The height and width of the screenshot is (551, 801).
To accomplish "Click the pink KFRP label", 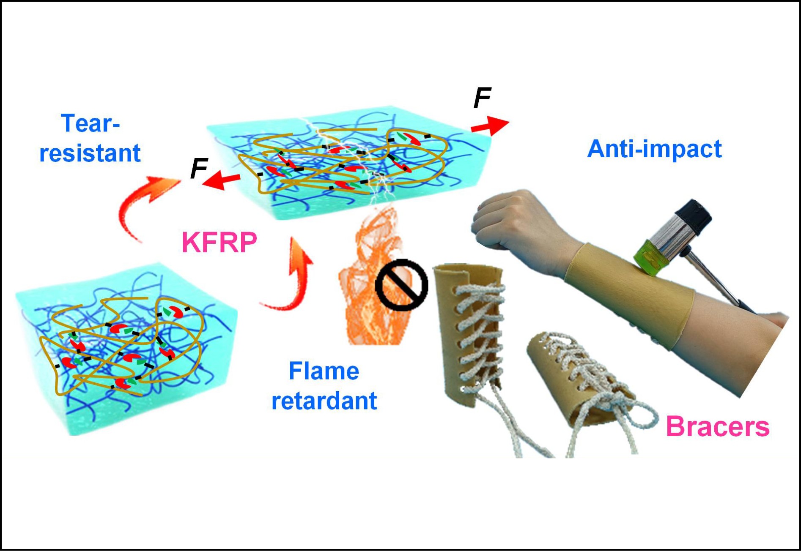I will tap(219, 242).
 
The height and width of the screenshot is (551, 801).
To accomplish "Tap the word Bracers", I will tap(717, 426).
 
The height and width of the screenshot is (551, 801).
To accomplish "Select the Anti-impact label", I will tap(654, 149).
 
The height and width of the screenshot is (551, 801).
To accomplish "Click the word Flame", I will tap(324, 371).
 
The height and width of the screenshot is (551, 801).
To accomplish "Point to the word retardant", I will tap(324, 401).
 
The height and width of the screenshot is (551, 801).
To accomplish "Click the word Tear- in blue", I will tap(91, 123).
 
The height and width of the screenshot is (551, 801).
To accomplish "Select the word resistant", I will tap(90, 153).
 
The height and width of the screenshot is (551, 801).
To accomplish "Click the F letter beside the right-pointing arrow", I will tap(482, 98).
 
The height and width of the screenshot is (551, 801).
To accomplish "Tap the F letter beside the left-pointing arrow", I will tap(199, 168).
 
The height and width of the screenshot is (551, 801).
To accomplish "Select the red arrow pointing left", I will tap(221, 181).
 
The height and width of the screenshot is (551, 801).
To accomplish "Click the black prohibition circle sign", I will tap(401, 285).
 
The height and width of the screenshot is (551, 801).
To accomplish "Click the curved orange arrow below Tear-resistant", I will tap(140, 207).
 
